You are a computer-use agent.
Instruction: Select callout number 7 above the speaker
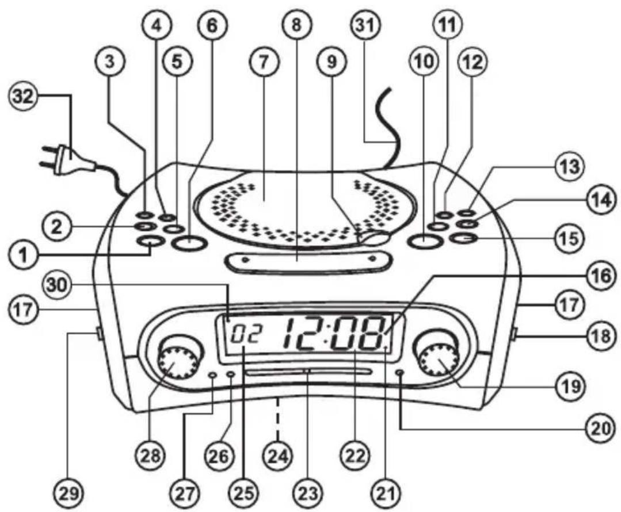click(x=264, y=62)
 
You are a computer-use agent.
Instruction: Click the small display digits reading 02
click(x=246, y=334)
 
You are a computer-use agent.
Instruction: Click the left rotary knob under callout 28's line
click(x=177, y=361)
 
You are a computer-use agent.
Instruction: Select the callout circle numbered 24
click(x=279, y=456)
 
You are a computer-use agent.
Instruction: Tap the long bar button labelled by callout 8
click(x=308, y=263)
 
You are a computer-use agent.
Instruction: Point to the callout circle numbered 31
click(x=365, y=26)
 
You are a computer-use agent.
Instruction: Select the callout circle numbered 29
click(x=68, y=494)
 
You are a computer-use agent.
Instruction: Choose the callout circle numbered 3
click(x=110, y=62)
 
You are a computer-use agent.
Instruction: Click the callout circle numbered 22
click(x=355, y=456)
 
